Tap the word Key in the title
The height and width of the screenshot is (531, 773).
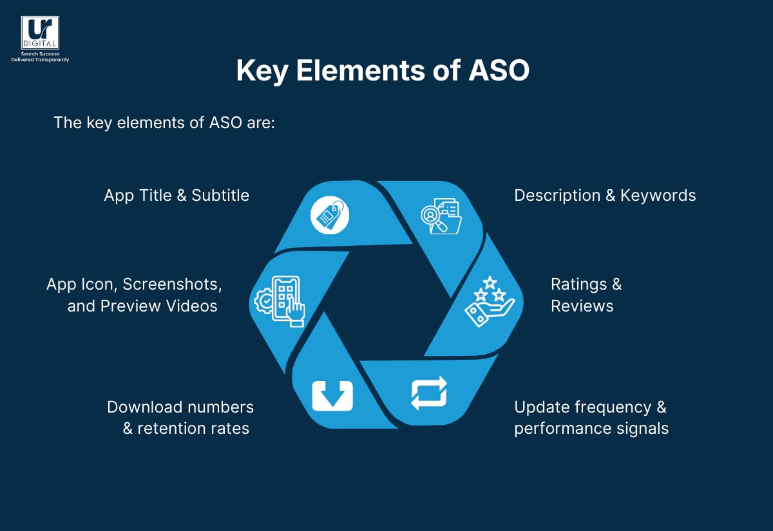[262, 71]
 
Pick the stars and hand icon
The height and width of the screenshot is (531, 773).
[490, 301]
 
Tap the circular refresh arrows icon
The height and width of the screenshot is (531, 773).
[429, 393]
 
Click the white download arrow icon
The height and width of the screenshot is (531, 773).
[332, 395]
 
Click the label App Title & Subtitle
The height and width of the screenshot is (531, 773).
[177, 196]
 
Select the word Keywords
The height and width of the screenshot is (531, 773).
[658, 196]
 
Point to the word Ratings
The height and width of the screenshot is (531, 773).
[578, 284]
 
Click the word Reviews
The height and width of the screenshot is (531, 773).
[582, 306]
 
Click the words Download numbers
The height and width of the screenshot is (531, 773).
[180, 407]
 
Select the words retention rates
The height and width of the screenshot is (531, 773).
[193, 429]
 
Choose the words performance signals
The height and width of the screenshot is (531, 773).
[591, 429]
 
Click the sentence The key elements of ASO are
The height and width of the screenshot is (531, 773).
[164, 122]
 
